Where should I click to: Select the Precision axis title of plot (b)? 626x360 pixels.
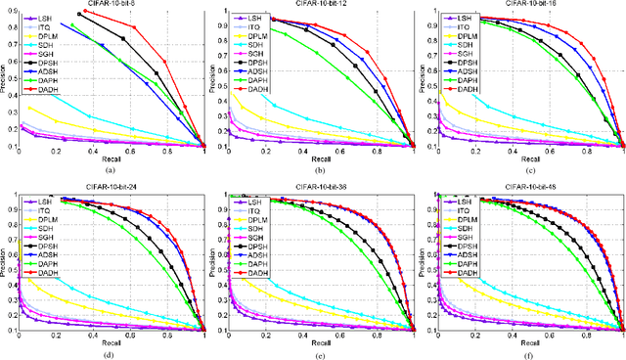tap(216, 78)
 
